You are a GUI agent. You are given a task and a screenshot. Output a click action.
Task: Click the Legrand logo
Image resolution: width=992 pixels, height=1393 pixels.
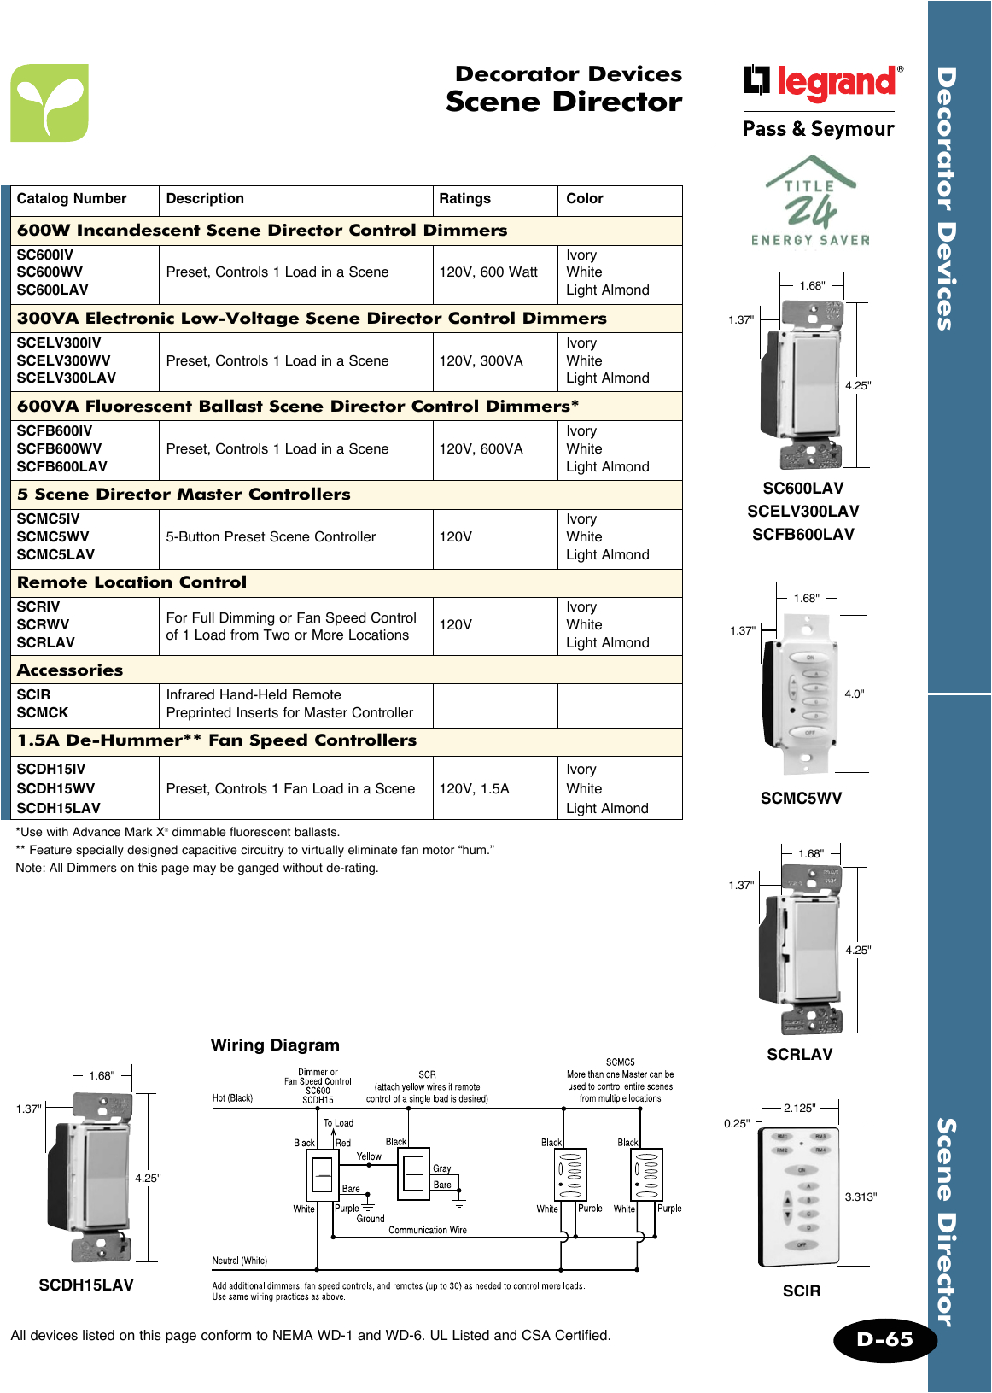(x=821, y=82)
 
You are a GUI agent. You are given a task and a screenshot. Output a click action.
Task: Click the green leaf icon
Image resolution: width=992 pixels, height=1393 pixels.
(x=50, y=102)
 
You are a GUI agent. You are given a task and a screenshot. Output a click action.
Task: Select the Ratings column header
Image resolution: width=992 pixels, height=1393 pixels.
(x=464, y=199)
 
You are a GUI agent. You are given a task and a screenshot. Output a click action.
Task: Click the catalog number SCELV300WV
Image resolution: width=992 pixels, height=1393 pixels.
(x=63, y=360)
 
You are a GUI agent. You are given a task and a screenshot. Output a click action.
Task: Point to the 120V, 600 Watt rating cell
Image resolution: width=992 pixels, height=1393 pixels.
(x=488, y=272)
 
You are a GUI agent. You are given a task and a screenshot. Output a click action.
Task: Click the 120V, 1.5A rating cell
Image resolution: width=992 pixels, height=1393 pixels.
(x=474, y=789)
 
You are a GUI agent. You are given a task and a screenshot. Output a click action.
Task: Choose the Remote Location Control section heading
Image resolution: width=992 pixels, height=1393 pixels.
(x=131, y=582)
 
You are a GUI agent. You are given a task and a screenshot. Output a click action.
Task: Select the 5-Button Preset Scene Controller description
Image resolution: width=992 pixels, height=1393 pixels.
(x=271, y=537)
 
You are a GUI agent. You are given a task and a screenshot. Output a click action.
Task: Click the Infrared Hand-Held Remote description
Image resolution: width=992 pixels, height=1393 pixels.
(x=254, y=695)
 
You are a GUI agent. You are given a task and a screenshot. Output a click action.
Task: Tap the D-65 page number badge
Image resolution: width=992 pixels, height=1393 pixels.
(x=884, y=1339)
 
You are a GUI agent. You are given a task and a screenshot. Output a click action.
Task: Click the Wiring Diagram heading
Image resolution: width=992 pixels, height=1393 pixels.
(x=275, y=1045)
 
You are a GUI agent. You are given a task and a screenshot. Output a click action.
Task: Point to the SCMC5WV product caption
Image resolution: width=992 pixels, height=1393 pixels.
(x=801, y=799)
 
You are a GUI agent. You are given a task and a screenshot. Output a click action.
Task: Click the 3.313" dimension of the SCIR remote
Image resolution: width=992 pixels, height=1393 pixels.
(x=861, y=1197)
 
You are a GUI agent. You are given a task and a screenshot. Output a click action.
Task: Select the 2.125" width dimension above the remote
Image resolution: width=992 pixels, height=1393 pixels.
(x=799, y=1109)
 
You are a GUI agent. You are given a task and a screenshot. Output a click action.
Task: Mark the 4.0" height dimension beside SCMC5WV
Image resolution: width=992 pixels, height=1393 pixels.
(x=854, y=694)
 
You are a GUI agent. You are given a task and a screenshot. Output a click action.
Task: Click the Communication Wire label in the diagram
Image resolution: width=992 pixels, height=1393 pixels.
(x=428, y=1231)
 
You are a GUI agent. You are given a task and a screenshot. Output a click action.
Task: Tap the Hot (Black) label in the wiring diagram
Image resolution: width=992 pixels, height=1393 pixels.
(x=232, y=1098)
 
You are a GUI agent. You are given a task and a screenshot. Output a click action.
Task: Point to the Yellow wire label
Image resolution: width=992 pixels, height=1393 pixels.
(x=369, y=1156)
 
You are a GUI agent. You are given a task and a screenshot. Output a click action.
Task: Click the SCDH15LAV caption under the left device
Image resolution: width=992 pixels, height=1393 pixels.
(x=86, y=1285)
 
